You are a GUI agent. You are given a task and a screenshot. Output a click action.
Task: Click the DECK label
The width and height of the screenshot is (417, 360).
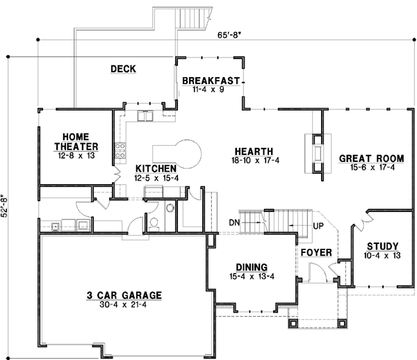122,69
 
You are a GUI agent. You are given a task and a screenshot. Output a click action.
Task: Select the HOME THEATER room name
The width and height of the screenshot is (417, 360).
76,141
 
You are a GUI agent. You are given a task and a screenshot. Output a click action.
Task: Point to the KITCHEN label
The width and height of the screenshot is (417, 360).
155,169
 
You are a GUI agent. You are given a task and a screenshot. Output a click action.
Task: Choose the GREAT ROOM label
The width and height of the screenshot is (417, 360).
367,158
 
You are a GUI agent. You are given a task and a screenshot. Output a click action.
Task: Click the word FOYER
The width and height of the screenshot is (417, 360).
316,252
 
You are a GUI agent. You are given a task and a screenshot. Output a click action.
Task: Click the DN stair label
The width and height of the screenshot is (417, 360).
234,222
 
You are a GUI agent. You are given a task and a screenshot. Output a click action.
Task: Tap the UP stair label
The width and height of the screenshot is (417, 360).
319,227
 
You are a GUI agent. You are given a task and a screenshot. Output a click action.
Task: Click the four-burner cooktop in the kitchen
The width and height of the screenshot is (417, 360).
119,148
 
